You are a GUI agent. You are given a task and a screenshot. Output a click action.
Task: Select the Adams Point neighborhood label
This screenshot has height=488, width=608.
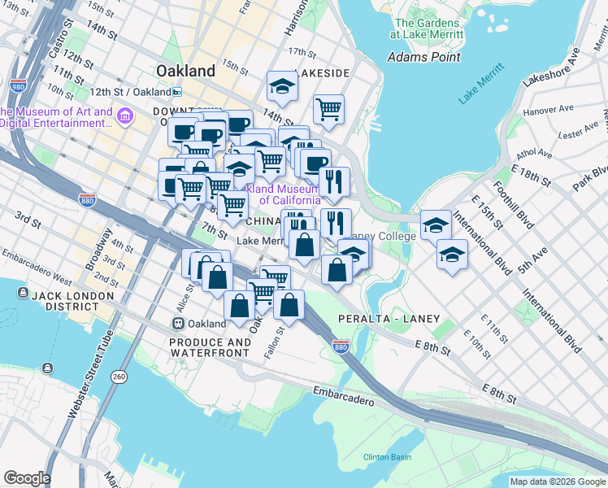(x=423, y=57)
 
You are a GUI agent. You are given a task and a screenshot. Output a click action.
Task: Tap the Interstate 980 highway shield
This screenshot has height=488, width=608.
(x=16, y=85)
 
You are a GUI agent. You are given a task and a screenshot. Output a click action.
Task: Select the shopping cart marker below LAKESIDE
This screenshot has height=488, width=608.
(x=328, y=107)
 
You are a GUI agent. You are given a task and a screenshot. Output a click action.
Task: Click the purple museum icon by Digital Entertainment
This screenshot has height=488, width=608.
(x=124, y=117)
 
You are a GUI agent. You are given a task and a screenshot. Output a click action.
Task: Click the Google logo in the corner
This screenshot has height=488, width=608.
(x=27, y=478)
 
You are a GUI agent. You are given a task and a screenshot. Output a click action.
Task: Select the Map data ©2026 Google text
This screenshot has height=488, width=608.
(x=558, y=481)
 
